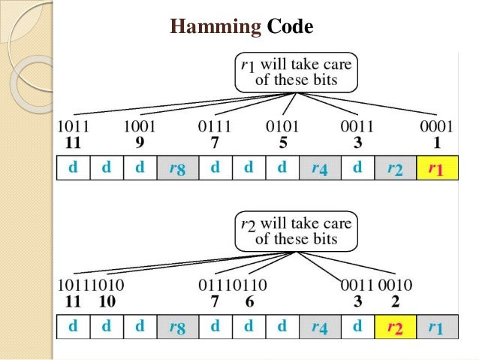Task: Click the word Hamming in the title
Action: click(x=214, y=28)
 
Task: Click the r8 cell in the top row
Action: click(x=177, y=168)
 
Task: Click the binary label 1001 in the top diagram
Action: click(x=140, y=126)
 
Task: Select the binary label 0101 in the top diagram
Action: click(x=285, y=126)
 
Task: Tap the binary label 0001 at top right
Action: click(x=435, y=126)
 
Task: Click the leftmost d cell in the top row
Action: click(x=73, y=168)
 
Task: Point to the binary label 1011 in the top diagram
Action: click(x=74, y=126)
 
